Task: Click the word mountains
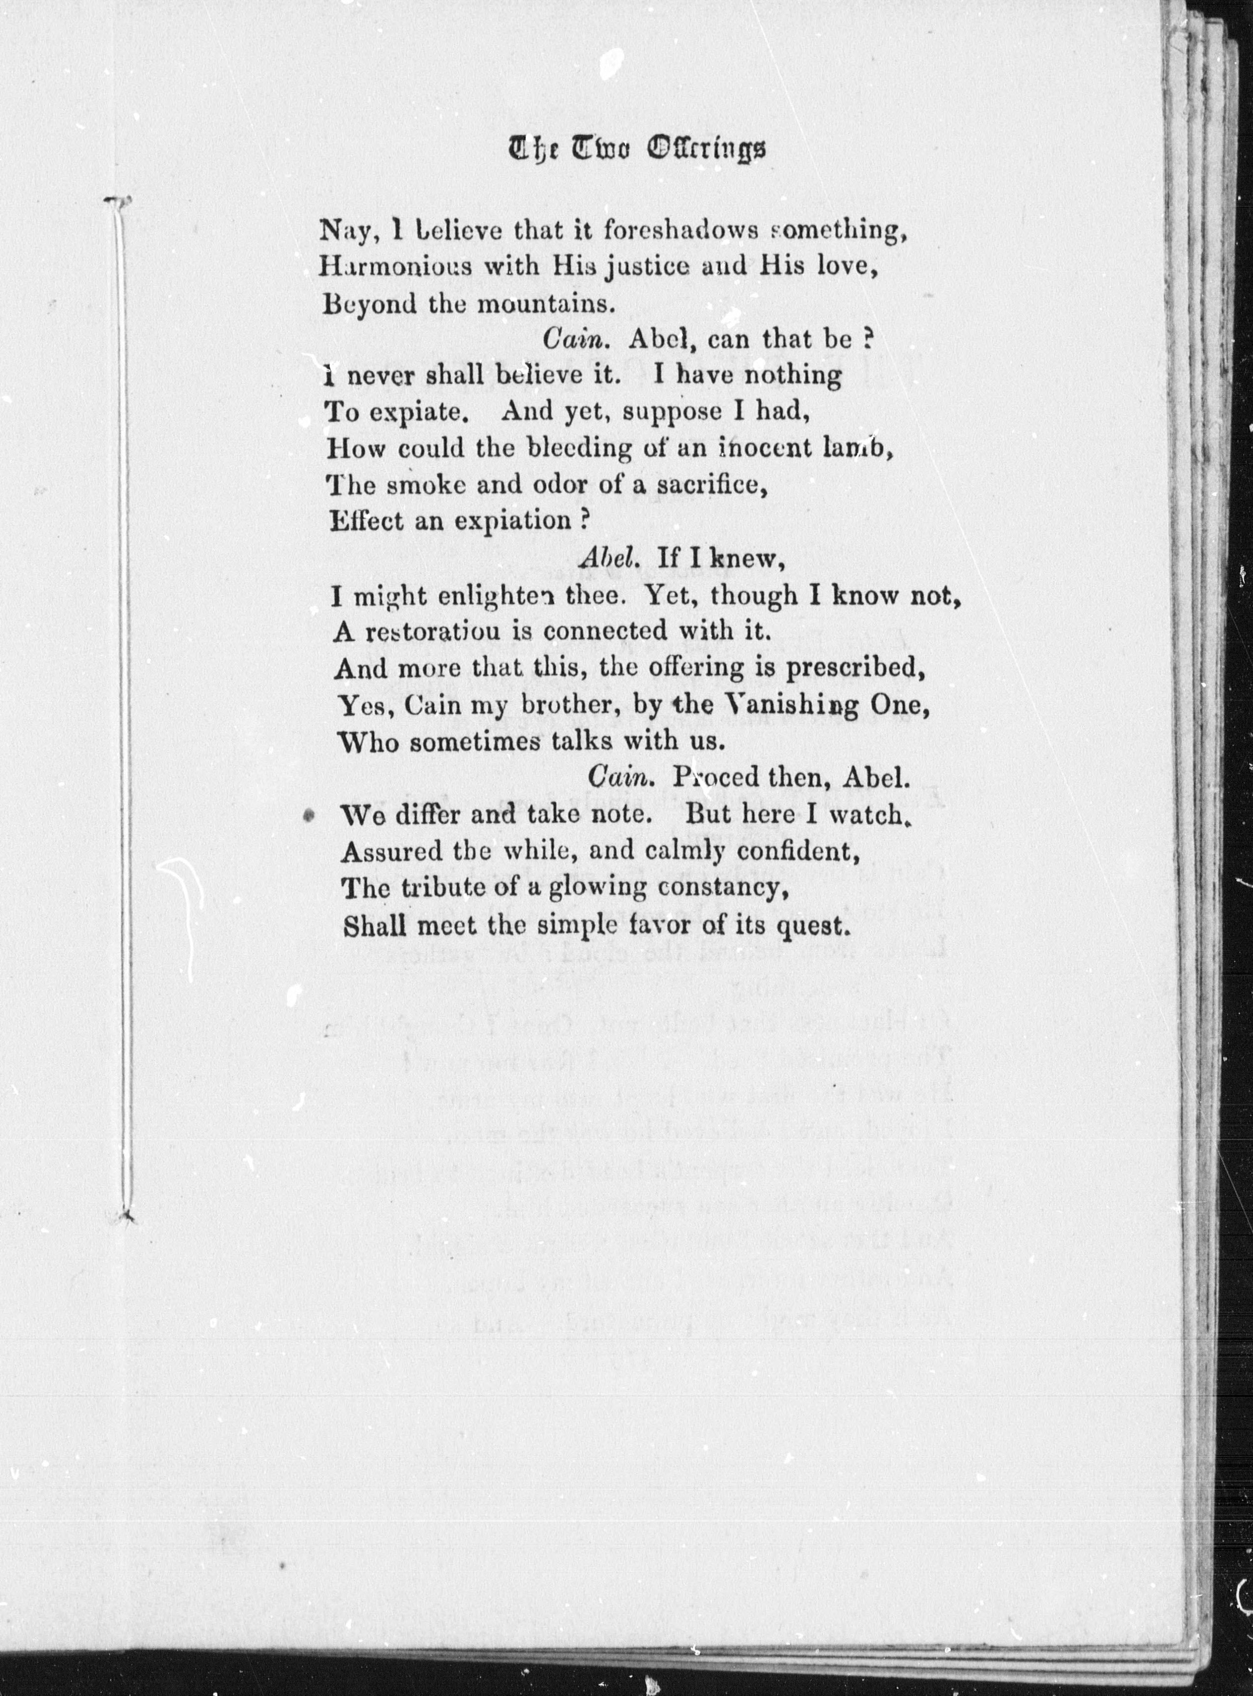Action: click(542, 304)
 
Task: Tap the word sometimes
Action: click(475, 741)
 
